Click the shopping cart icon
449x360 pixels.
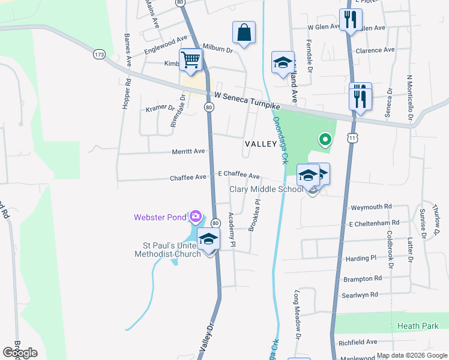pyautogui.click(x=191, y=59)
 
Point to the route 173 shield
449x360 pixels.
pyautogui.click(x=100, y=55)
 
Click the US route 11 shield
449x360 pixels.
pyautogui.click(x=352, y=138)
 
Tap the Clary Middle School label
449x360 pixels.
pyautogui.click(x=266, y=190)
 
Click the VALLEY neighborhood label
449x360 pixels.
pyautogui.click(x=261, y=144)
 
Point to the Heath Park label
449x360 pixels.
pyautogui.click(x=418, y=326)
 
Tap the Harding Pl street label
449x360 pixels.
pyautogui.click(x=360, y=258)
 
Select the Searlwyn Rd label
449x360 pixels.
pyautogui.click(x=360, y=295)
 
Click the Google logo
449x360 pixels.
pyautogui.click(x=20, y=352)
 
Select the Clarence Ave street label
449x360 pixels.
pyautogui.click(x=375, y=50)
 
